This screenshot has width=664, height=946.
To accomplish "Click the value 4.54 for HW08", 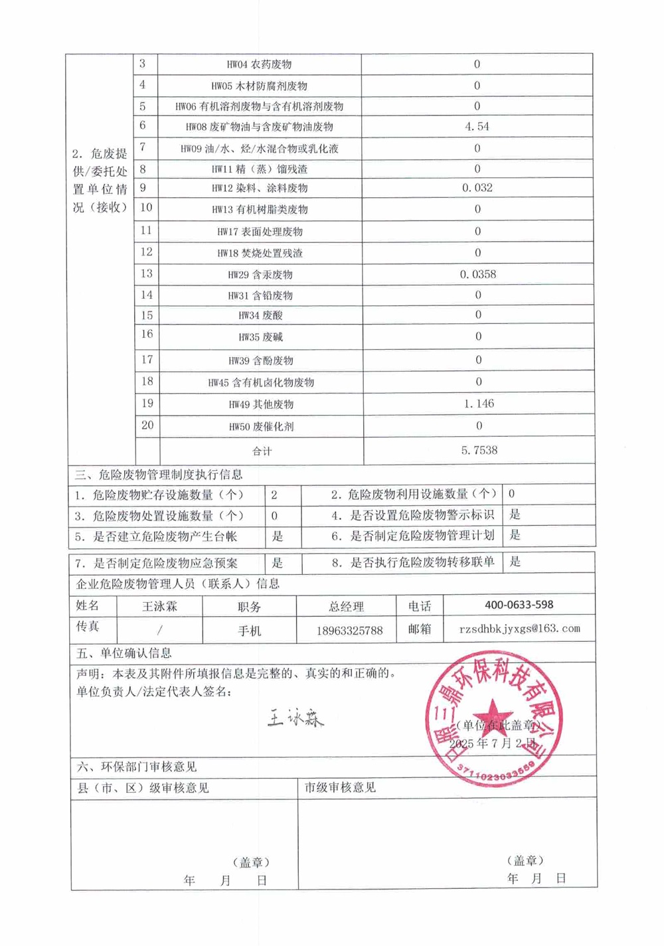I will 477,127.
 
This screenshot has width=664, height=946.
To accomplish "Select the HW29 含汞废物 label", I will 260,275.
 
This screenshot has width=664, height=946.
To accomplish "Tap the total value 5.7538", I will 479,450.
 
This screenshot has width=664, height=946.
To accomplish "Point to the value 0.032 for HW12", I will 477,188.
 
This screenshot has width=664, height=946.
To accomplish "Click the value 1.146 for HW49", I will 479,404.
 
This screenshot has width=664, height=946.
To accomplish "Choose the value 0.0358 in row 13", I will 477,274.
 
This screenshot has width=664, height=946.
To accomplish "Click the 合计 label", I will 262,451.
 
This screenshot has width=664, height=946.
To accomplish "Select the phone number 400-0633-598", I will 519,605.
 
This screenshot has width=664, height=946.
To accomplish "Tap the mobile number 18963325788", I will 349,630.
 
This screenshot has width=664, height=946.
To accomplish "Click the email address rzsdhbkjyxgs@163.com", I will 519,628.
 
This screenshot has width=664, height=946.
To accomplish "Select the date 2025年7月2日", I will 497,743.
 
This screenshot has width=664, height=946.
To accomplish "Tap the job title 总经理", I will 346,607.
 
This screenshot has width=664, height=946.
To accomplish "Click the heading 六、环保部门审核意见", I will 137,767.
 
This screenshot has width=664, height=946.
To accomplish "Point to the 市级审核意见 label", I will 340,787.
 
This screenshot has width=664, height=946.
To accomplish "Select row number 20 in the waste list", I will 147,425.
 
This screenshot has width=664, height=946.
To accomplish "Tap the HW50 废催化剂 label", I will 261,427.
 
